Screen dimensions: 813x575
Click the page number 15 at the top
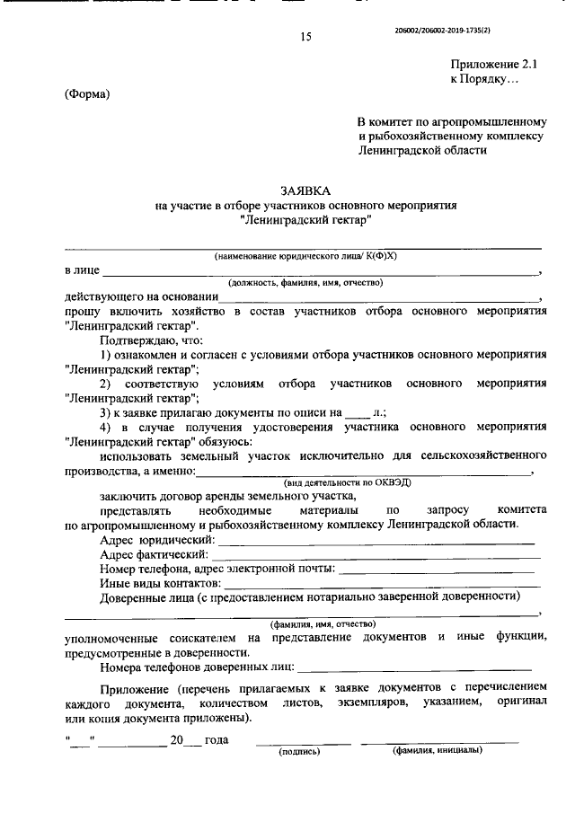[305, 37]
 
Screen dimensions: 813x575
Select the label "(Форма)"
[87, 94]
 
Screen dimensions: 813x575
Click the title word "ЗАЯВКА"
[306, 190]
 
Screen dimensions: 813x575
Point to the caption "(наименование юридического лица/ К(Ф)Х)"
[305, 257]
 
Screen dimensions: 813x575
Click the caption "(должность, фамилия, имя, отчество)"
[305, 283]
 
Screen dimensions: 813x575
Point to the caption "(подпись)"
[300, 752]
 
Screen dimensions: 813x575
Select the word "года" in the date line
[217, 740]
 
